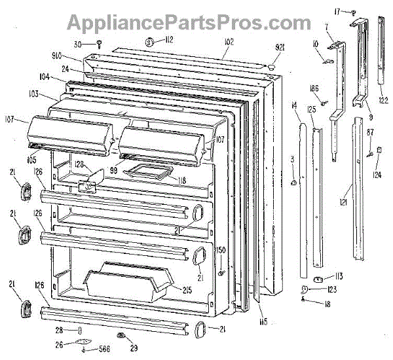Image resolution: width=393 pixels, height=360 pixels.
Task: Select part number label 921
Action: tap(280, 48)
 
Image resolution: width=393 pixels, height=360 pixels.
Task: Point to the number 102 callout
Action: tap(228, 42)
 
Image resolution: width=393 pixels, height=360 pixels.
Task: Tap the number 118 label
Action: tap(178, 180)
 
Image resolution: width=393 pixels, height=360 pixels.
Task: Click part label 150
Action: tap(221, 251)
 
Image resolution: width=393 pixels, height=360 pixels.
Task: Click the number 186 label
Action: tap(313, 88)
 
